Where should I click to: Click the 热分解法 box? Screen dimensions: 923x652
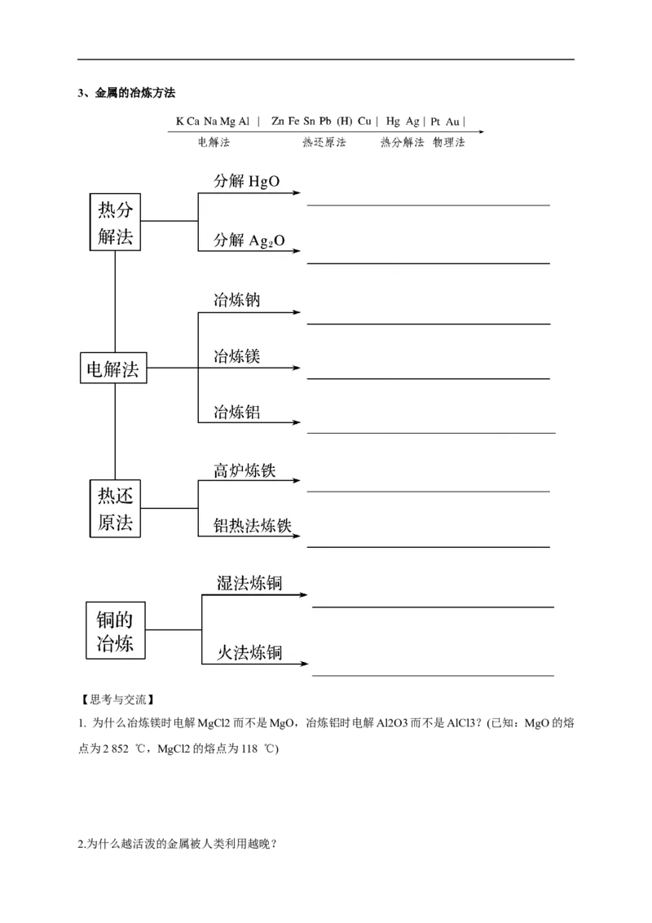(x=115, y=222)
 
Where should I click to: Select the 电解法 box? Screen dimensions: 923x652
(x=113, y=369)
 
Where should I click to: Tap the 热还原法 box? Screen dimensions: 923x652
(x=115, y=508)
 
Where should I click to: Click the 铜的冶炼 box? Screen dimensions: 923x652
(x=115, y=630)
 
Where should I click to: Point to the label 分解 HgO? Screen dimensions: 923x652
(x=247, y=181)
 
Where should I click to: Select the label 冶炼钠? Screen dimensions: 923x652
(x=236, y=299)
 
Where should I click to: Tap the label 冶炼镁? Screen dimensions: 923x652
(x=236, y=356)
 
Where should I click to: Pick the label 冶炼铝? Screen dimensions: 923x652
(x=236, y=412)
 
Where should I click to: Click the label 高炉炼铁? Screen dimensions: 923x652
(x=244, y=470)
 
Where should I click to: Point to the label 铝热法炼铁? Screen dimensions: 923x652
(x=253, y=526)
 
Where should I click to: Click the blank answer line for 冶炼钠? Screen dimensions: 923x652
(x=428, y=324)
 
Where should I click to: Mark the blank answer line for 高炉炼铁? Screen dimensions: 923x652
(x=428, y=492)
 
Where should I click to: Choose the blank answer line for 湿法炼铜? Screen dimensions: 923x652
(x=433, y=607)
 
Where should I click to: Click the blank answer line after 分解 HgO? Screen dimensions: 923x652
(x=428, y=205)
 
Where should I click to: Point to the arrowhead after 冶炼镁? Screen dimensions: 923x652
(x=297, y=369)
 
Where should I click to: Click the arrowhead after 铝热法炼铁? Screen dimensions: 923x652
(x=297, y=537)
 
